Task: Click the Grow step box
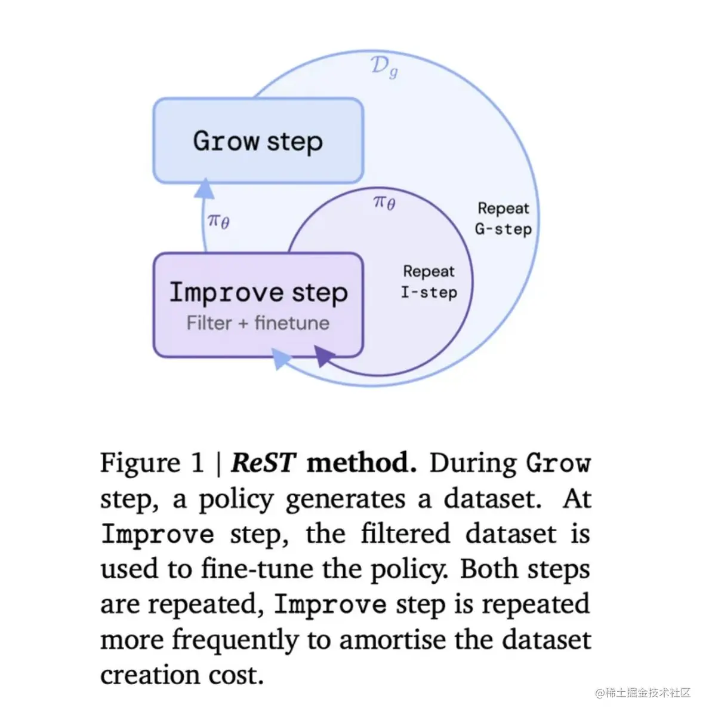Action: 258,141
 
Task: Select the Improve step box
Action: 258,305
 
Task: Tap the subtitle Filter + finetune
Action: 258,323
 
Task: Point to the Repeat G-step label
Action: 503,219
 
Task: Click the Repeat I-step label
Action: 429,281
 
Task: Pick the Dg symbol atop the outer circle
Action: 384,67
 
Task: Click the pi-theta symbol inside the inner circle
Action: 384,203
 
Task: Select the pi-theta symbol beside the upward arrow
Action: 218,222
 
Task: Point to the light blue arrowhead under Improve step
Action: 281,359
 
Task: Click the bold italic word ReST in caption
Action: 263,463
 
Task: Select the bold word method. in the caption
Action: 362,463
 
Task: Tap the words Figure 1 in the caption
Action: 152,463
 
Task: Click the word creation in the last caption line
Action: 147,675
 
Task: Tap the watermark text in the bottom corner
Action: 643,693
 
